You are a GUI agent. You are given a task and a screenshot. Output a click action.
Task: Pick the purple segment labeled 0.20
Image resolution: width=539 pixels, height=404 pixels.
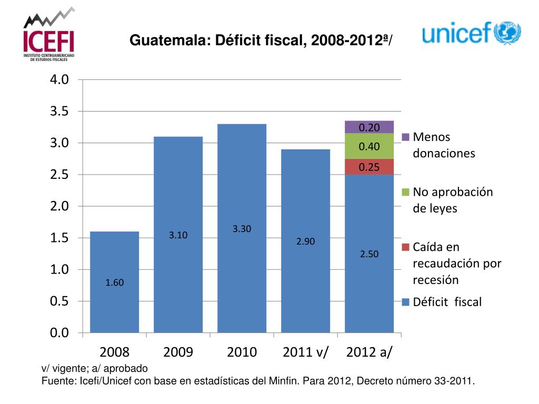point(369,127)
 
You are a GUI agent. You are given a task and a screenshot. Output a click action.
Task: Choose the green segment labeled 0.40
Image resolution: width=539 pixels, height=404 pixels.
point(369,146)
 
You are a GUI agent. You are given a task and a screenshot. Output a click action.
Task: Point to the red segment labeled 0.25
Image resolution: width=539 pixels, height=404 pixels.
point(369,167)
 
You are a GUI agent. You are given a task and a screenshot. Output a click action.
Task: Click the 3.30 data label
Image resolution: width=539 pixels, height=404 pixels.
point(242,229)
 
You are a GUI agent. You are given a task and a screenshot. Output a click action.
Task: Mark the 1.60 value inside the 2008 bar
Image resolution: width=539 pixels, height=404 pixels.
point(114,283)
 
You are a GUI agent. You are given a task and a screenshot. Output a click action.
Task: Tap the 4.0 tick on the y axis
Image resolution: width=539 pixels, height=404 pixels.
point(59,80)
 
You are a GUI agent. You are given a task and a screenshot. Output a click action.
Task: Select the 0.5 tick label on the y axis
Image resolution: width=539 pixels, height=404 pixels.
point(59,301)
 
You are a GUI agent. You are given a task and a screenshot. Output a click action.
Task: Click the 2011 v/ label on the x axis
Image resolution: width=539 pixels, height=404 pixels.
point(305,352)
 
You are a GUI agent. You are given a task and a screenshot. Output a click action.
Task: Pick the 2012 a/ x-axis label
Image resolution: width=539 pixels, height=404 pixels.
point(369,352)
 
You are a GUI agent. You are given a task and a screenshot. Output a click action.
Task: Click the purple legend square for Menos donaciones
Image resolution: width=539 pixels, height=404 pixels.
point(405,137)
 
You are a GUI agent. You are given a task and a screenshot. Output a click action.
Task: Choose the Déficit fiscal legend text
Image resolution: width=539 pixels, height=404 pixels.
point(447,302)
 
